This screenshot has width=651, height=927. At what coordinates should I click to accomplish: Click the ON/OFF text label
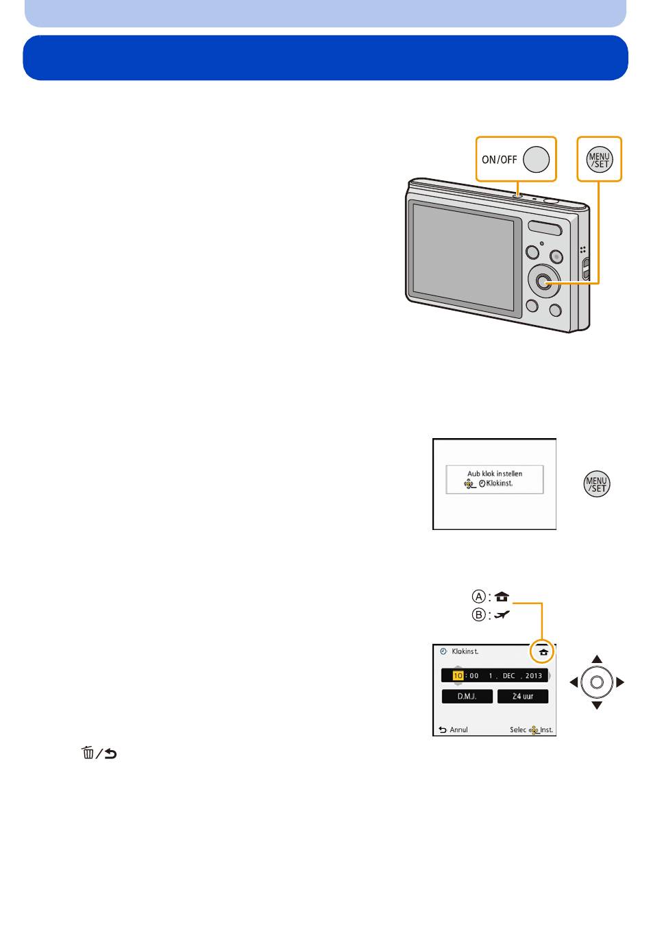click(499, 160)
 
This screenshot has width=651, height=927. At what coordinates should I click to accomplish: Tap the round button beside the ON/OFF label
click(537, 159)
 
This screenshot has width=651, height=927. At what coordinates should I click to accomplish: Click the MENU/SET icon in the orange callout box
click(599, 159)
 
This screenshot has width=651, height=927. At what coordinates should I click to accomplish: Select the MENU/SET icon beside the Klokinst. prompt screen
click(597, 484)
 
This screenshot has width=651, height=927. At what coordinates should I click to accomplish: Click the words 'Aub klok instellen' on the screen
click(495, 473)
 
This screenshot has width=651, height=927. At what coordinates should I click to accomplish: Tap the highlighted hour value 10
click(457, 675)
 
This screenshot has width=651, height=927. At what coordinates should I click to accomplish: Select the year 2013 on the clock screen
click(534, 675)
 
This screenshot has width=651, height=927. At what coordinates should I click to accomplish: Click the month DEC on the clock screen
click(508, 675)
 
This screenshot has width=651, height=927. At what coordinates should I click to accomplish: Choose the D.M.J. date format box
click(467, 696)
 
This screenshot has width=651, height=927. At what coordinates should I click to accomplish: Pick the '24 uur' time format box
click(523, 696)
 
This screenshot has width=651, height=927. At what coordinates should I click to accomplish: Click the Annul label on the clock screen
click(458, 730)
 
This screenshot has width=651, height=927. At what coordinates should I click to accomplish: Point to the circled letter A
click(479, 596)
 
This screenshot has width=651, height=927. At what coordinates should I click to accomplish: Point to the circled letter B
click(479, 614)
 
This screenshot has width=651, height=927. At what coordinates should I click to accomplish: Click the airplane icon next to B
click(502, 614)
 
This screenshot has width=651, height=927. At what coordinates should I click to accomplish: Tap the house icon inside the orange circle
click(543, 652)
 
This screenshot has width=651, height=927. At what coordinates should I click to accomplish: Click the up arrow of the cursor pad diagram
click(597, 659)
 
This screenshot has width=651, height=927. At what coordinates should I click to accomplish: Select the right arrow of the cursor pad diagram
click(620, 682)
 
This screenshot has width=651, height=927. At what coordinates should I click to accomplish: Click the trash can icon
click(88, 754)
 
